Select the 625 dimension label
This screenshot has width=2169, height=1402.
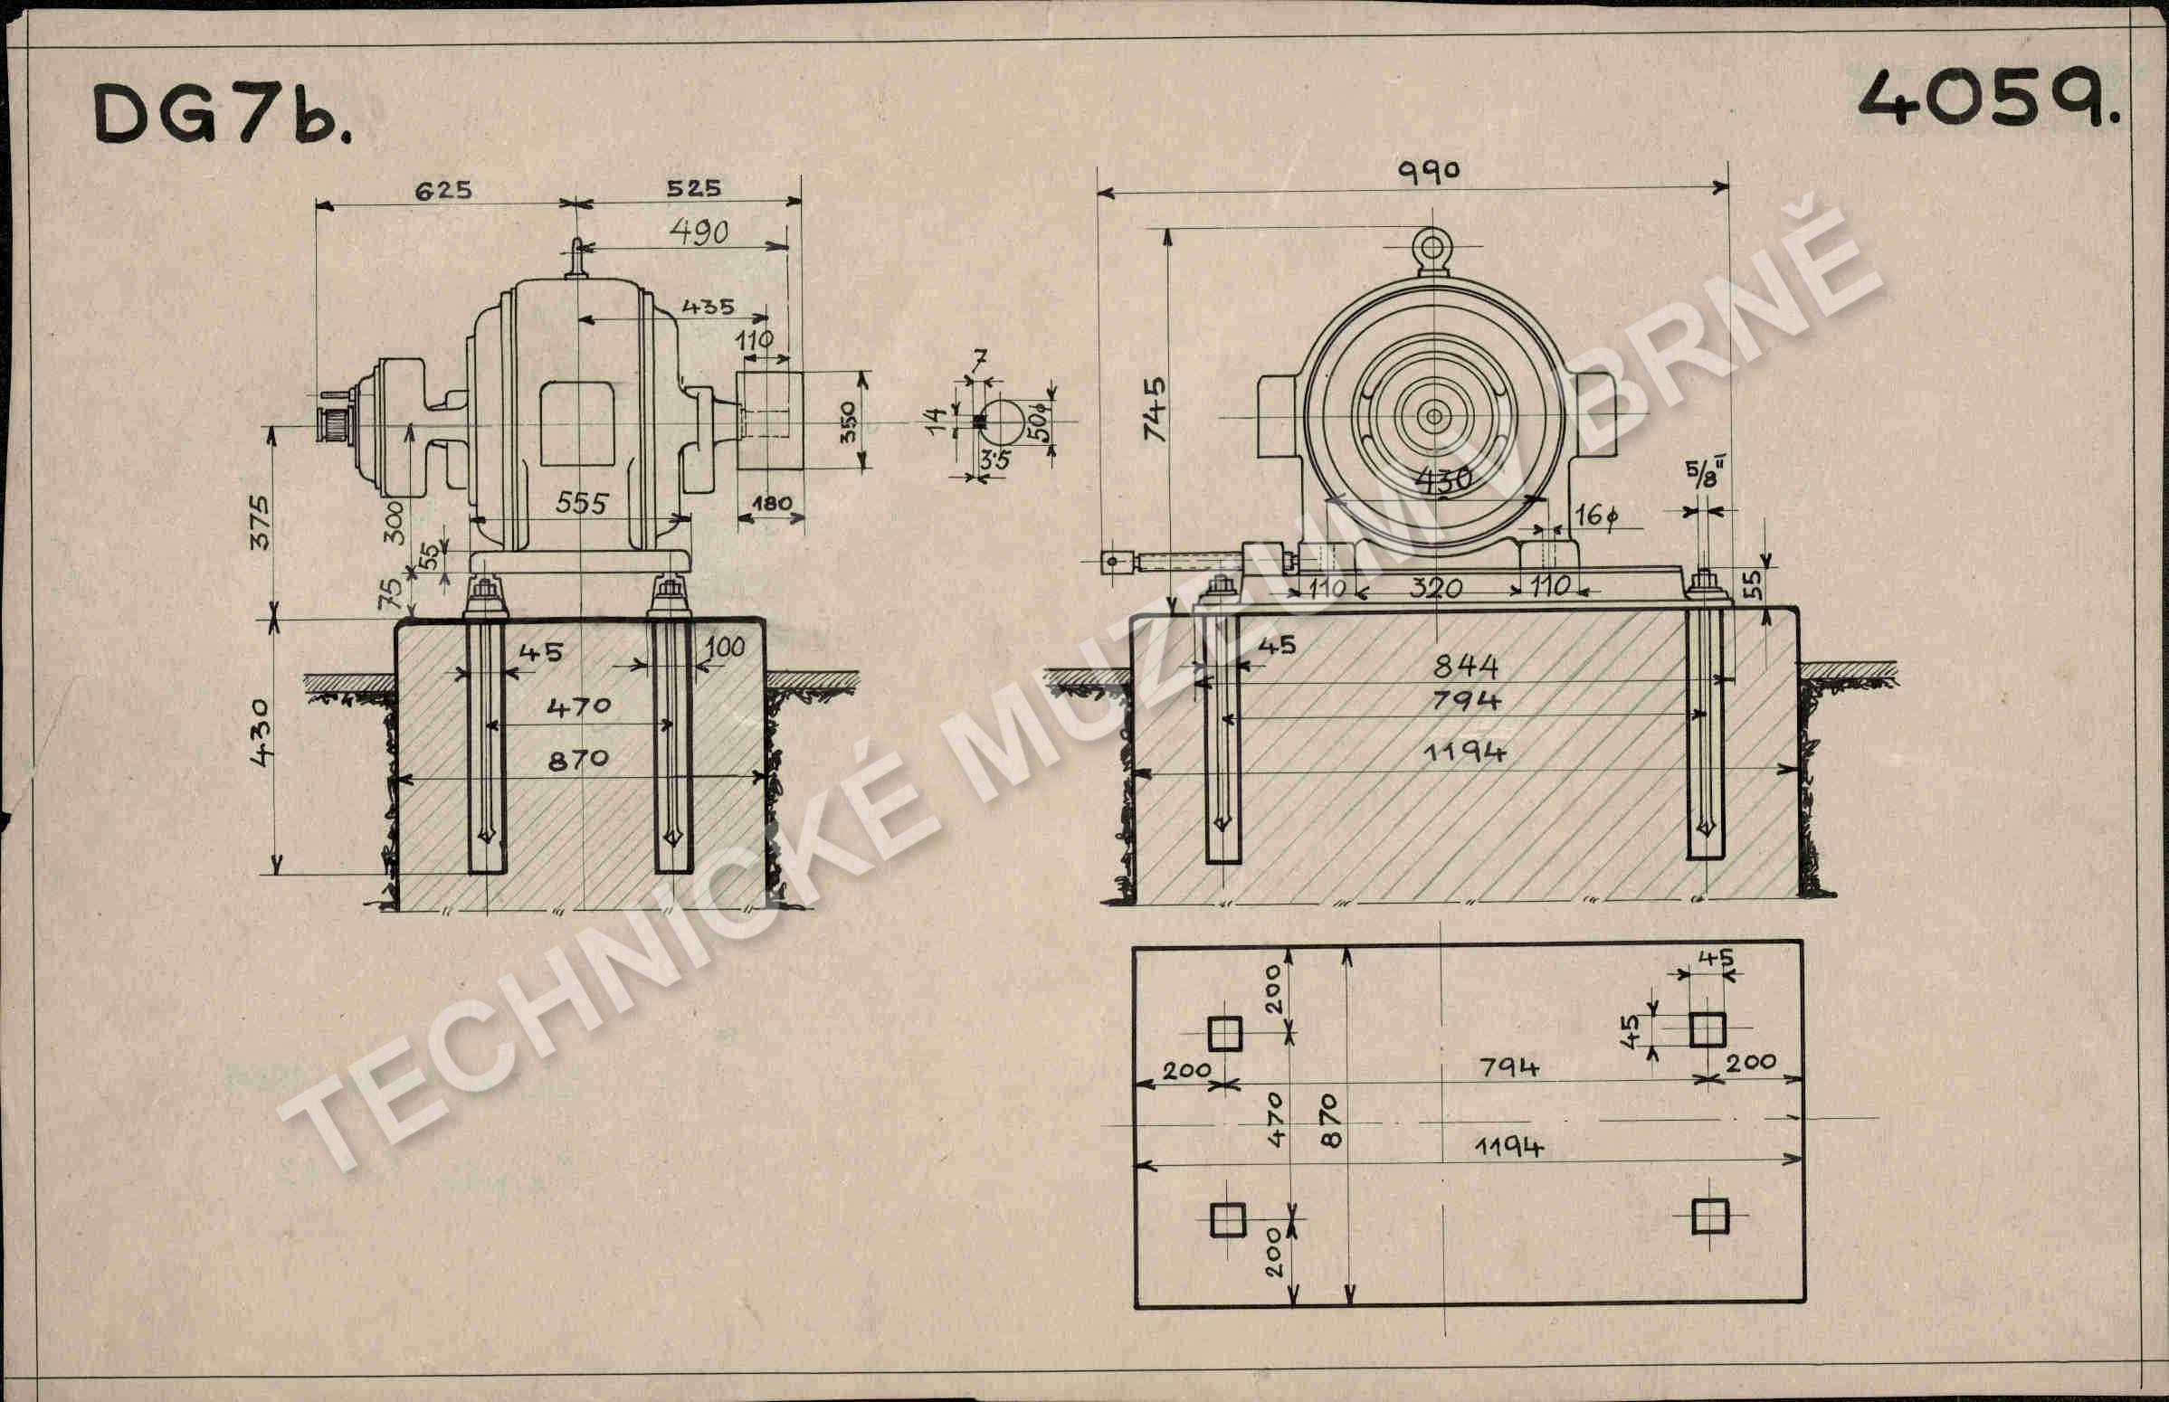(x=443, y=190)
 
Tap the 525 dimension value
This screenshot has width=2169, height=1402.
(x=693, y=187)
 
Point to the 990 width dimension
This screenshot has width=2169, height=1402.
(x=1429, y=171)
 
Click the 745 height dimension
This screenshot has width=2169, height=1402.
(x=1155, y=409)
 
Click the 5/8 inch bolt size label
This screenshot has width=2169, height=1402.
(x=1701, y=473)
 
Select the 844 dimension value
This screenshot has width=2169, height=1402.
(x=1465, y=668)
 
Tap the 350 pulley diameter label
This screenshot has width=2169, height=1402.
(x=849, y=422)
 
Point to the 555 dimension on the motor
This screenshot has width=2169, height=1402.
(x=581, y=503)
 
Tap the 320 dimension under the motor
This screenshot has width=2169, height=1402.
(x=1436, y=588)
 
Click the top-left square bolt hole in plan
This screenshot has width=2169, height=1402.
(x=1224, y=1033)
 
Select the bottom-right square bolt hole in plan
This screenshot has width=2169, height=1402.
(x=1710, y=1217)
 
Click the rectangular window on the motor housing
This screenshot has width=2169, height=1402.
(x=576, y=424)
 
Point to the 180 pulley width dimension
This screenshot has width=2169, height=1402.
(x=771, y=504)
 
